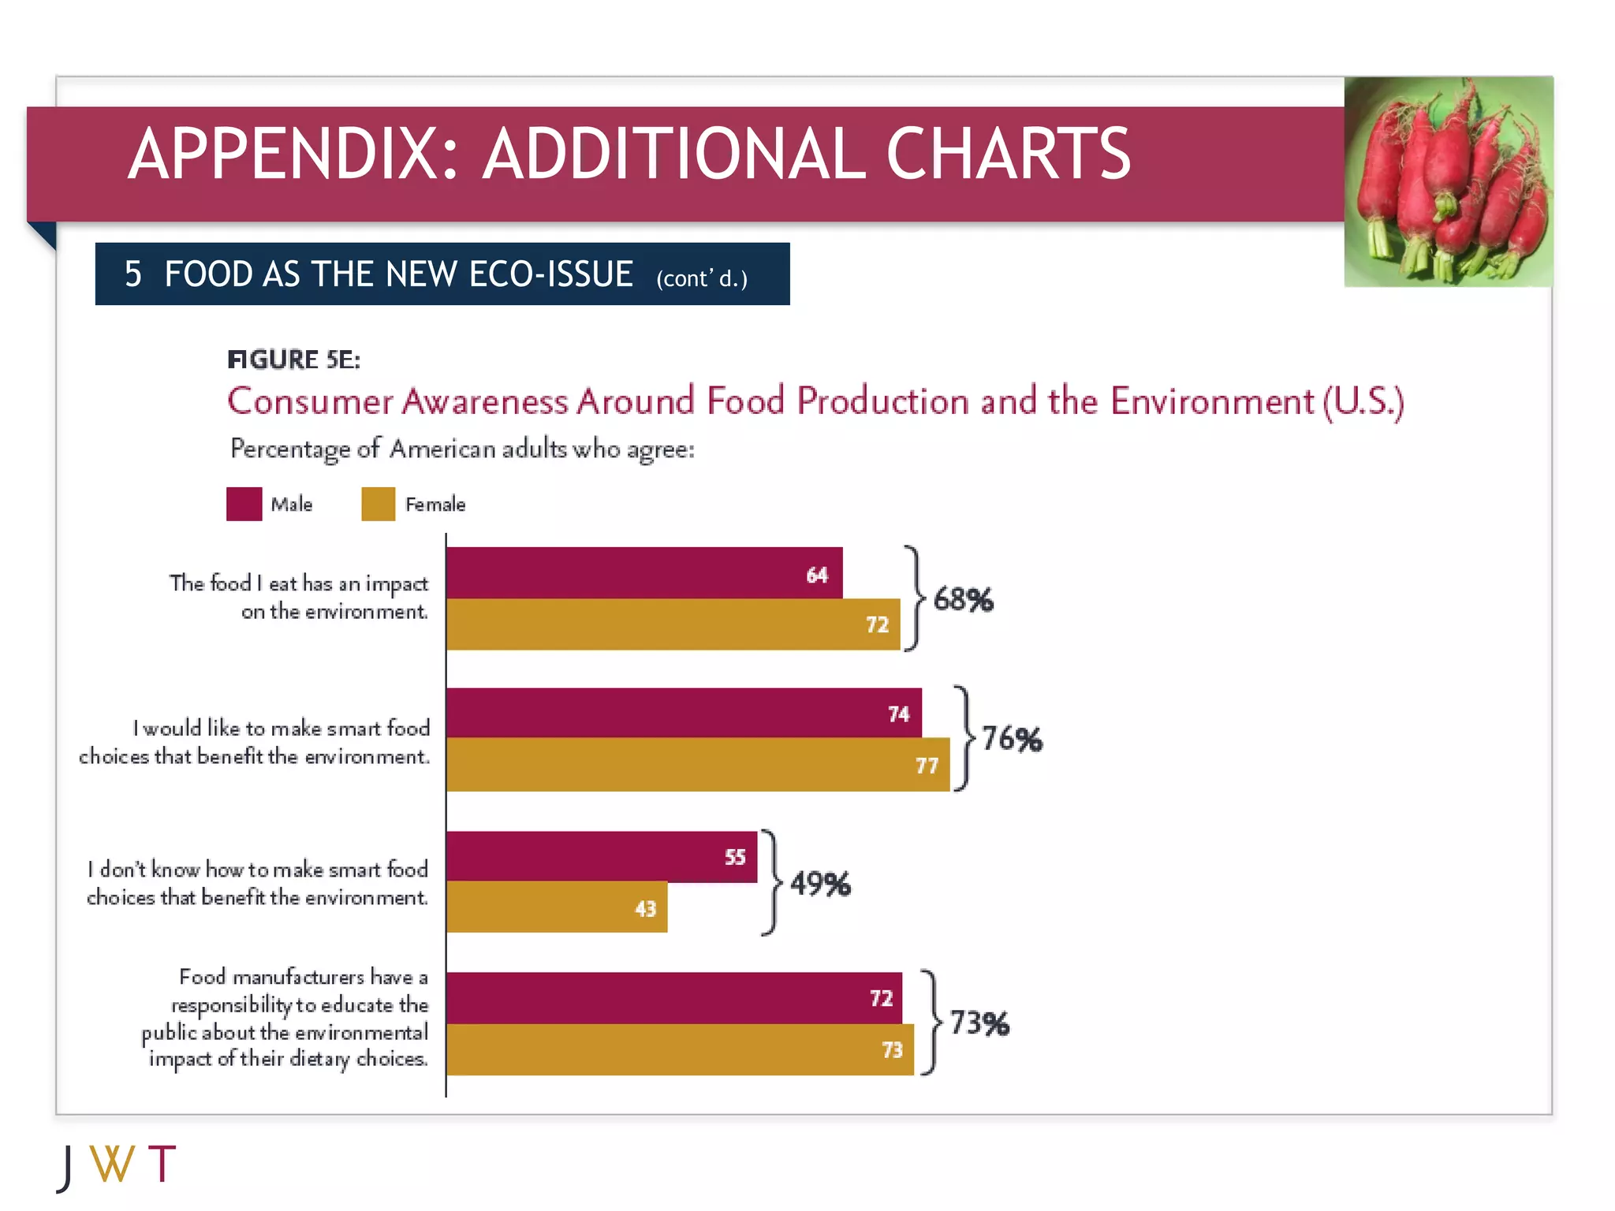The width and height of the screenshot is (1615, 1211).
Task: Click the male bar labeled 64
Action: click(x=643, y=572)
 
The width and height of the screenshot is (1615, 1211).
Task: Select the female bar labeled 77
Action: click(x=697, y=765)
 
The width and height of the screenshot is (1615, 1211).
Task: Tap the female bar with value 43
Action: click(x=557, y=907)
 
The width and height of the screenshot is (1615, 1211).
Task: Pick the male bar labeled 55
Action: click(x=601, y=856)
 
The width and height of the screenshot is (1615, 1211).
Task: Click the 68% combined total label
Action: click(x=963, y=600)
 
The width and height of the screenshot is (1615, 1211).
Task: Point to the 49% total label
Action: click(x=820, y=884)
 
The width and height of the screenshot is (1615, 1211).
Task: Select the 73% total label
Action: click(x=979, y=1023)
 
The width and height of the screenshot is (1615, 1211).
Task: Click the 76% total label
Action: click(x=1012, y=740)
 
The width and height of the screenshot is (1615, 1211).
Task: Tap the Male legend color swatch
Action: click(x=244, y=504)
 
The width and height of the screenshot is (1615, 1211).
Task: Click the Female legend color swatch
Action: click(x=378, y=504)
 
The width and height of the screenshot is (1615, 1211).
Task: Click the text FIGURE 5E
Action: click(x=293, y=360)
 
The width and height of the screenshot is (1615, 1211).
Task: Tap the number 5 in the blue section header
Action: click(x=133, y=274)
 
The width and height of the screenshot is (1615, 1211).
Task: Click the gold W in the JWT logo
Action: click(x=113, y=1164)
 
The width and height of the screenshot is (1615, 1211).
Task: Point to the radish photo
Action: click(x=1448, y=181)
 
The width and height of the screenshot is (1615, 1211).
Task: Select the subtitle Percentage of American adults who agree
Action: click(x=462, y=449)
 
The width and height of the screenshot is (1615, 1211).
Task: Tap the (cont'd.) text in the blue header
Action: click(x=702, y=278)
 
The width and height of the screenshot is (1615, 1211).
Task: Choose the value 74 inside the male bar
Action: click(x=898, y=714)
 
